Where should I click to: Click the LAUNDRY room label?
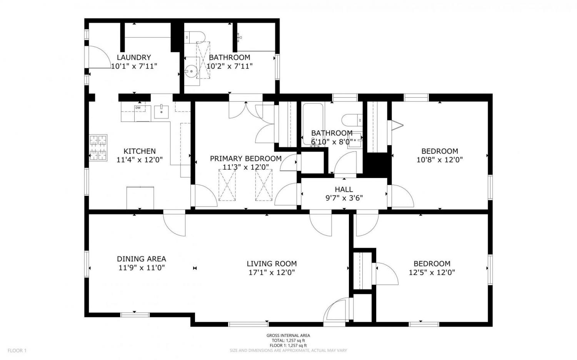(134, 57)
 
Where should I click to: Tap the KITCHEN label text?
(140, 151)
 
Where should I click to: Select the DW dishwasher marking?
(138, 108)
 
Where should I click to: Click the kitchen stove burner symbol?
(98, 148)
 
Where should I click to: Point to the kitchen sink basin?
(161, 112)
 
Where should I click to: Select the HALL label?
(344, 190)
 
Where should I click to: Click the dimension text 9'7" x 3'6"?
(344, 198)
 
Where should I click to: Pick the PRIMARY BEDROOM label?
(246, 158)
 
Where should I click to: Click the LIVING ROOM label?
(272, 264)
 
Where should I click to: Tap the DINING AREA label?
(142, 259)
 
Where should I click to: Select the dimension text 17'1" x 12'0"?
(272, 272)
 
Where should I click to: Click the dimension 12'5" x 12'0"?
(432, 272)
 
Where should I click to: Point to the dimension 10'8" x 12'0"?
(440, 160)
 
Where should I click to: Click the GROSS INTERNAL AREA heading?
(288, 335)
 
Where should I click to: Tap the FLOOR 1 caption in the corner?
(17, 350)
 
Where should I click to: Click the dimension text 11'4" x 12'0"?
(140, 160)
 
